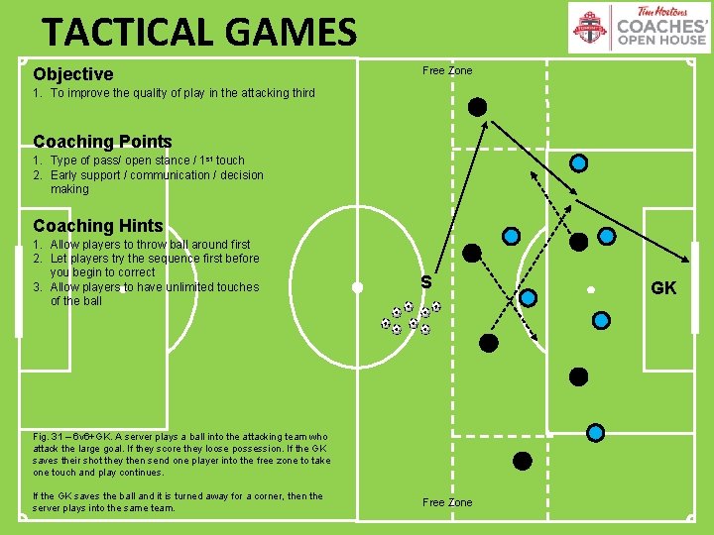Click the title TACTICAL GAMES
198,32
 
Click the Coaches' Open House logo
639,27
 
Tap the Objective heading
73,74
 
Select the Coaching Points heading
102,142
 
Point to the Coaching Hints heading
97,226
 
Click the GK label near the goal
663,288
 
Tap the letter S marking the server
425,282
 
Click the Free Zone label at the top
447,70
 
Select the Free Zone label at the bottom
447,502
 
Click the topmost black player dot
477,106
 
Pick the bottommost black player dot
522,460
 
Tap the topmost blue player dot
578,162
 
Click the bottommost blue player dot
595,432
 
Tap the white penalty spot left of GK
590,289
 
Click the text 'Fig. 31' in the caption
48,436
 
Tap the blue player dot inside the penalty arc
529,297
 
